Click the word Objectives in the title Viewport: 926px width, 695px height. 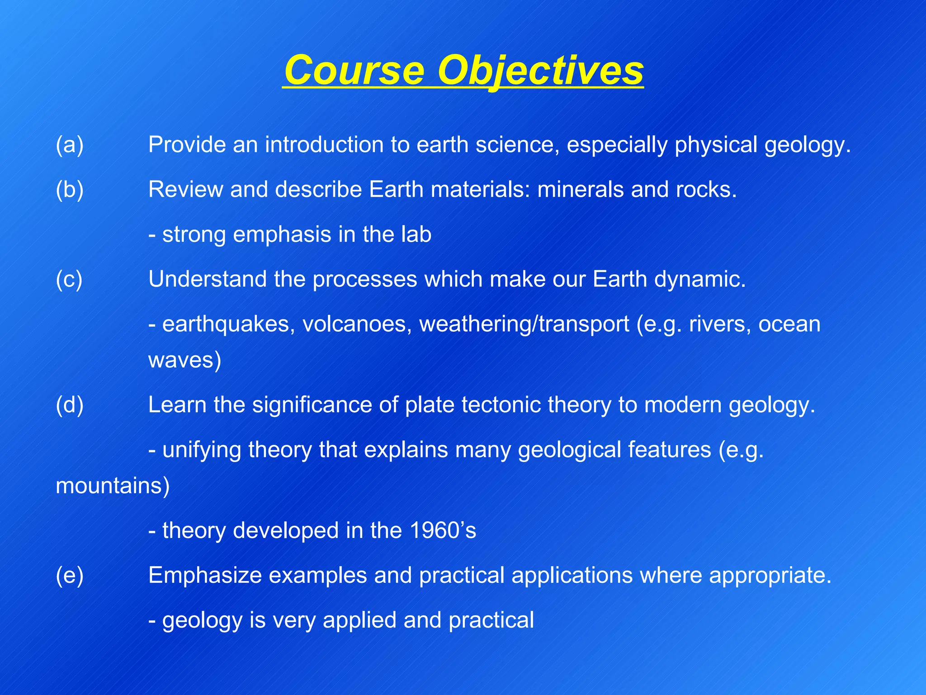tap(541, 71)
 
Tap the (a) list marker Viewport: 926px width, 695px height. tap(70, 145)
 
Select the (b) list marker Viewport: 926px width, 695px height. tap(70, 189)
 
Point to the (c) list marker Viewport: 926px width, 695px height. tap(69, 279)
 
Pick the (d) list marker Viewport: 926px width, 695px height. tap(70, 405)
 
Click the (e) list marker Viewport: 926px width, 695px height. tap(70, 575)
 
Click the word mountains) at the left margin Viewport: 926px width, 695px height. tap(113, 486)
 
